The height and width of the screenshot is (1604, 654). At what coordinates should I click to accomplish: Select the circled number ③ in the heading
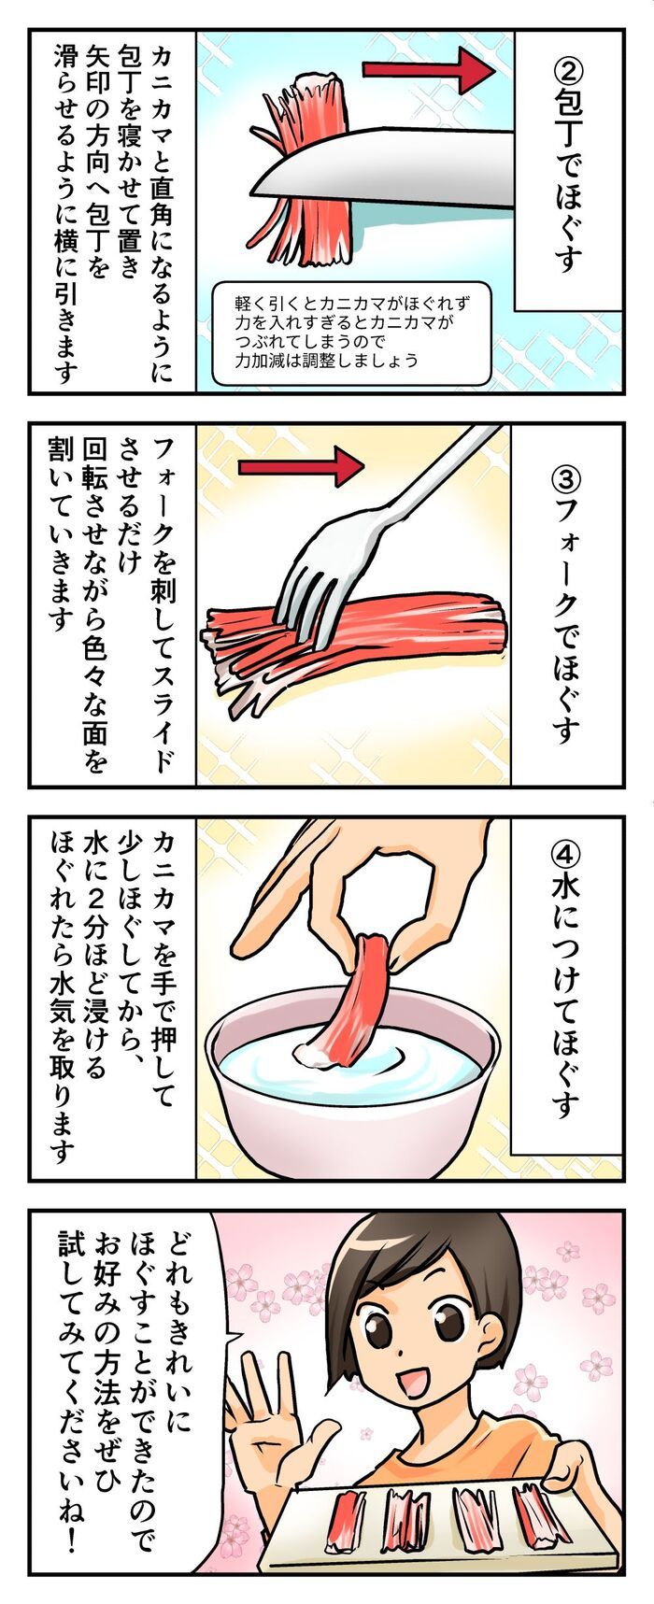(568, 477)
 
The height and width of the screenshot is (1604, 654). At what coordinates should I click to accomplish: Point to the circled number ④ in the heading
(567, 854)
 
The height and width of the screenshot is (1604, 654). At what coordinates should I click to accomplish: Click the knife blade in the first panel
(392, 168)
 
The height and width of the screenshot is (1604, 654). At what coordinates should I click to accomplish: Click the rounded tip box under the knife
(350, 333)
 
